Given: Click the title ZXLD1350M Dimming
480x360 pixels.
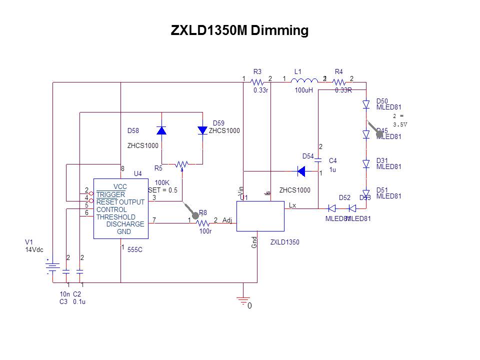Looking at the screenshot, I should (x=239, y=30).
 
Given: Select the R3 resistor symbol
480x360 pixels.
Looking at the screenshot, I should (x=257, y=82).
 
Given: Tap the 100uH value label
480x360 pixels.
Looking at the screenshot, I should (x=303, y=90).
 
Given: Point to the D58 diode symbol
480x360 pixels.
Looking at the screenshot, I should (x=161, y=130).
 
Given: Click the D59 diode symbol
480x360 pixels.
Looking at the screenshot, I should (x=202, y=130).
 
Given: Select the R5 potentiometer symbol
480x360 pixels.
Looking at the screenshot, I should (x=182, y=164).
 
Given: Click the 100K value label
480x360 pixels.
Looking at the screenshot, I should (x=162, y=182).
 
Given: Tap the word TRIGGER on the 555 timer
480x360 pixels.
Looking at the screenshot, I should (x=110, y=194).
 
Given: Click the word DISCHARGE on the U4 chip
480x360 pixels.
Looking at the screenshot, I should (x=125, y=224).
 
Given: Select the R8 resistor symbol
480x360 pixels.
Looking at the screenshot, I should (x=202, y=223).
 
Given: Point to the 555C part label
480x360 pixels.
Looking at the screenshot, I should (x=135, y=249).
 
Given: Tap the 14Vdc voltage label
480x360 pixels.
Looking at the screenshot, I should (x=34, y=249).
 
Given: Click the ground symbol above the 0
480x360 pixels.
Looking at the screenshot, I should (x=243, y=300).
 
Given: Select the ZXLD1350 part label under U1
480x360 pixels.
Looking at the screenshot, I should (x=284, y=242).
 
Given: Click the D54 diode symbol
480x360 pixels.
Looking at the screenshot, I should (x=301, y=172).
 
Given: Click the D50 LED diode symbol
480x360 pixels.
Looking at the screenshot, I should (x=366, y=104).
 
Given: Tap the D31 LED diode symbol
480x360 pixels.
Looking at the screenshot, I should (x=366, y=164).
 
